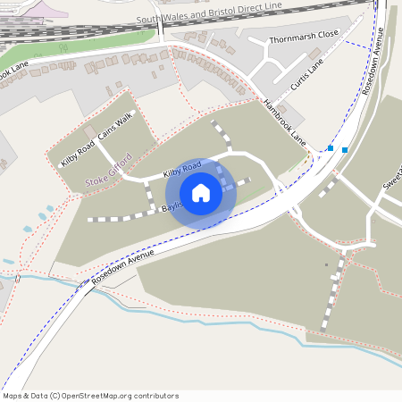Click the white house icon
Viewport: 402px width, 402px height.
(x=201, y=193)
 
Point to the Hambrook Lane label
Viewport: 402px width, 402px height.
(x=284, y=123)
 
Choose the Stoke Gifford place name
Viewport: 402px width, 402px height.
(x=108, y=172)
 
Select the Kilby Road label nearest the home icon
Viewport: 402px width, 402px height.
(x=181, y=168)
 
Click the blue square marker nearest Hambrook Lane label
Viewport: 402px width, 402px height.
(x=331, y=148)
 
